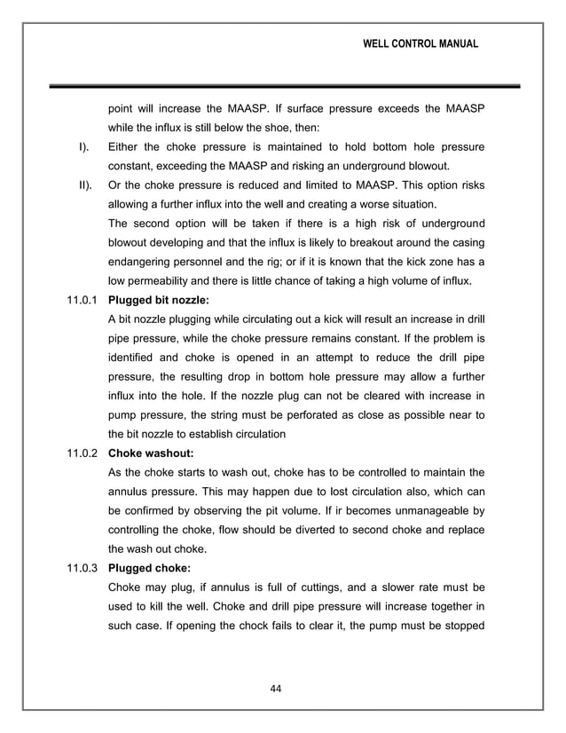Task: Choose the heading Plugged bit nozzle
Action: coord(158,301)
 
